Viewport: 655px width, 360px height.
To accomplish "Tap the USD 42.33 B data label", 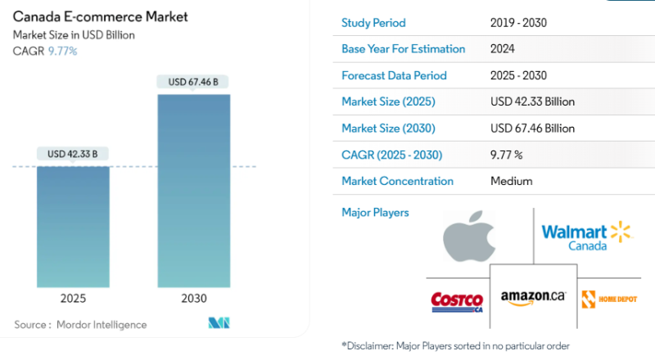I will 73,154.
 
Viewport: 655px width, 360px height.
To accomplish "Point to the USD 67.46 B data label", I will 194,82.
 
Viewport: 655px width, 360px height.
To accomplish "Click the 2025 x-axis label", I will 73,299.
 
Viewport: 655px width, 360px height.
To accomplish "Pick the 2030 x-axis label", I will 194,299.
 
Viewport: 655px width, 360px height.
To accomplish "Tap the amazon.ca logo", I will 533,298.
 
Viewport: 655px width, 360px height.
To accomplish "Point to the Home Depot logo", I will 608,299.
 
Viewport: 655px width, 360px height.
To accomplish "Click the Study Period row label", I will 373,23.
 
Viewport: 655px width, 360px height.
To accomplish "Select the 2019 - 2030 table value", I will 518,23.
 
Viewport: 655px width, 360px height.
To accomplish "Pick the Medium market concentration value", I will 511,181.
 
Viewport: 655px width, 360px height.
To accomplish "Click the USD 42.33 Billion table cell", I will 532,102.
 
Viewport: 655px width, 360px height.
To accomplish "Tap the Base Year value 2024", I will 503,49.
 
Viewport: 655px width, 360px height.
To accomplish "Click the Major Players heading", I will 375,213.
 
